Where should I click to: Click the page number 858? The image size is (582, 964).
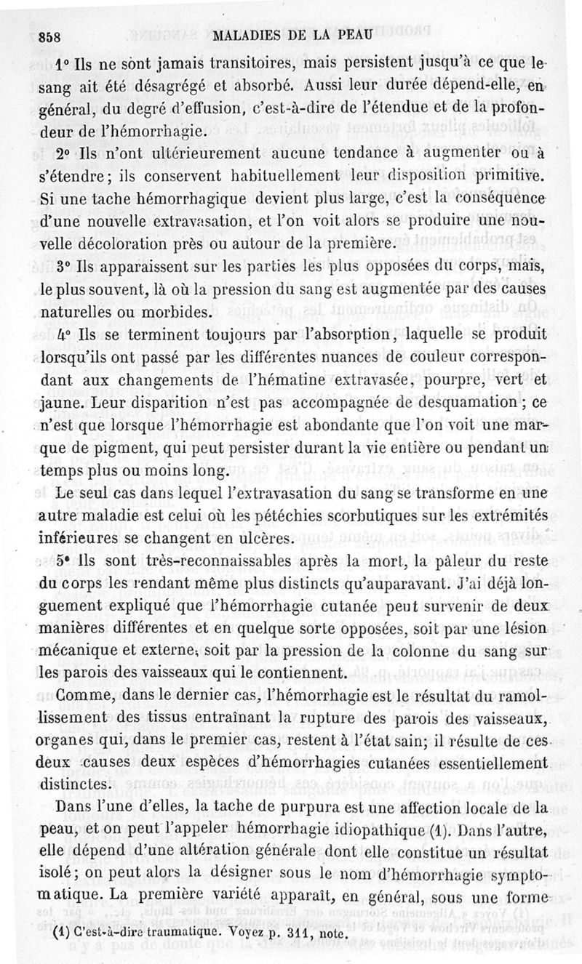point(51,37)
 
